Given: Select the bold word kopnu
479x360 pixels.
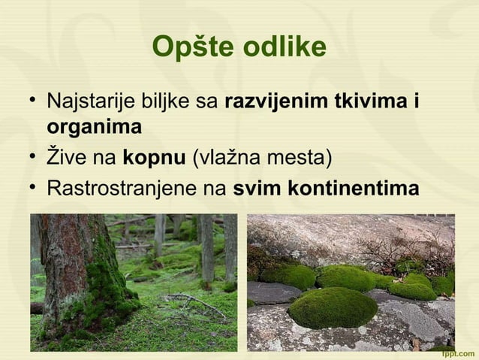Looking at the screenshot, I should (x=153, y=159).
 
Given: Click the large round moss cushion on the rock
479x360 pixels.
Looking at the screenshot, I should (x=333, y=307).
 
